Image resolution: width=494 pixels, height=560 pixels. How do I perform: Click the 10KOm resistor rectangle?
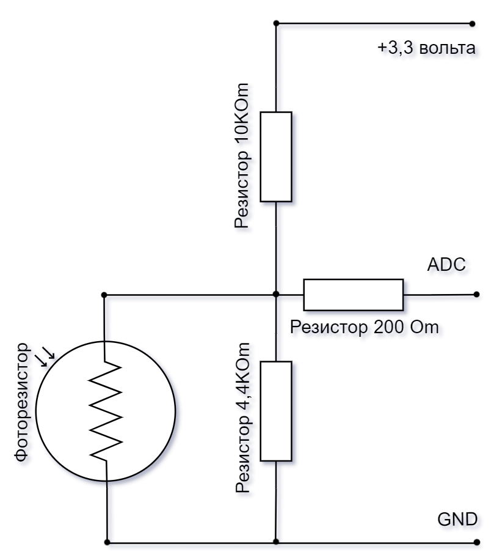276,157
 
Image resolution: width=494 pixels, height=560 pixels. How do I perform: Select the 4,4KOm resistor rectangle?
276,411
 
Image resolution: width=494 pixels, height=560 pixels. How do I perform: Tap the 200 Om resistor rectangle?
354,295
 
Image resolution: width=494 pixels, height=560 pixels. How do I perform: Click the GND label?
458,519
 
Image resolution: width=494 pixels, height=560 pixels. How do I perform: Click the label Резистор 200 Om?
365,327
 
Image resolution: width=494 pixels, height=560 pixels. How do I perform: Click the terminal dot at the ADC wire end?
476,295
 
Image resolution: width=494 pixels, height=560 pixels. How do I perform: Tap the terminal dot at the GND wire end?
476,542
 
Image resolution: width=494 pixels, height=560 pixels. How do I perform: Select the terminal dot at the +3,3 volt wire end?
472,24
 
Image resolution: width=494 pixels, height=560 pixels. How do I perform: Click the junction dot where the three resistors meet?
276,295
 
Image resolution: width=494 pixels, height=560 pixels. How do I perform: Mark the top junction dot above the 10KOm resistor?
276,24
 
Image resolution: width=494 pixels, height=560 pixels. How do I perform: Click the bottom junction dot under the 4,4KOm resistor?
276,542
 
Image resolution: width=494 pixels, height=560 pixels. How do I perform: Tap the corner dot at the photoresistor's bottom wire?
107,542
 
